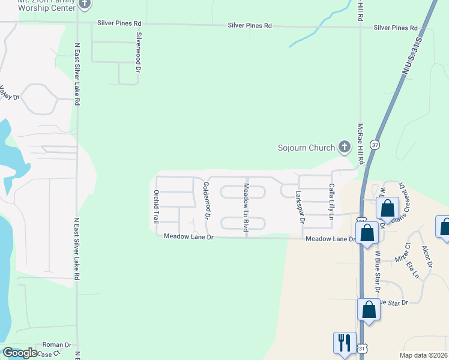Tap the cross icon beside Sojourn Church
tap(345, 146)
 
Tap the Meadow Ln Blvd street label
tap(246, 208)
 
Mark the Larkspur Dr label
tap(301, 208)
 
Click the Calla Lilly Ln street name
tap(331, 202)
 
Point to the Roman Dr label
tap(57, 346)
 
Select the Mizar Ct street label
tap(402, 259)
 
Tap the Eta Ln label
tap(412, 270)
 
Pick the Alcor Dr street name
tap(427, 256)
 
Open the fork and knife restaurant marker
tap(345, 343)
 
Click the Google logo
tap(20, 353)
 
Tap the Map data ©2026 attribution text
tap(423, 355)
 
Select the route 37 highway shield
tap(375, 145)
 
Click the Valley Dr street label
tap(10, 94)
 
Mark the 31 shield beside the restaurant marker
tap(361, 348)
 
